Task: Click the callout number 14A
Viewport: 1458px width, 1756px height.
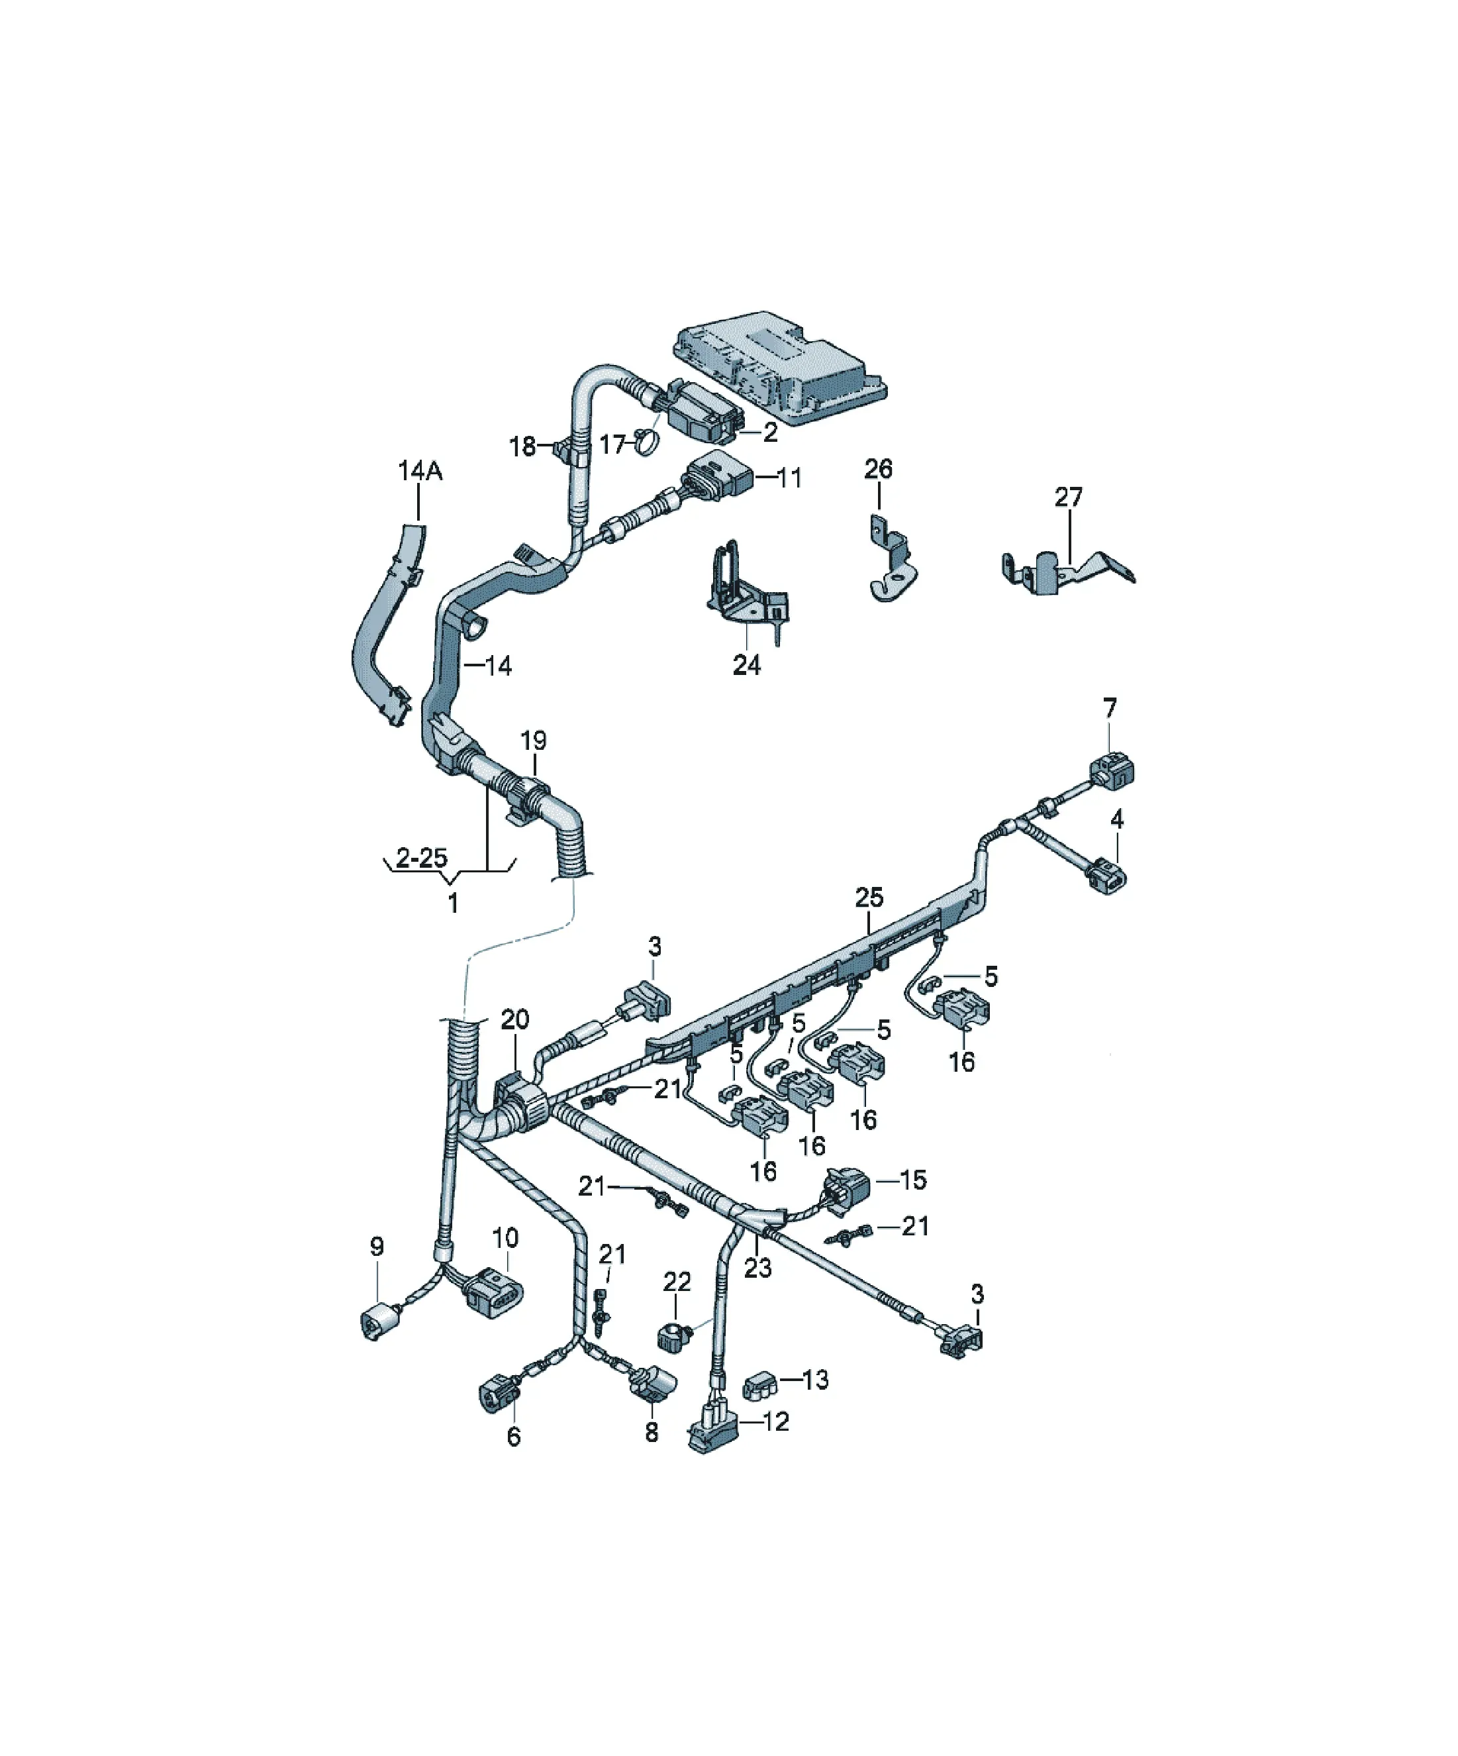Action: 420,472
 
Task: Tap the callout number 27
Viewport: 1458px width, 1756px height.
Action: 1069,497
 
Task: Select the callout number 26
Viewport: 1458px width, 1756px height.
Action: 878,469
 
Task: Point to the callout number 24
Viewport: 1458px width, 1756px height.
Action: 747,666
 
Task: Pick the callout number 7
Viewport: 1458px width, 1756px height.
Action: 1109,708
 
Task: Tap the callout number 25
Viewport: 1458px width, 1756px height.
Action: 869,898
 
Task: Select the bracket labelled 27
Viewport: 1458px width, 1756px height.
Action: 1067,572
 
